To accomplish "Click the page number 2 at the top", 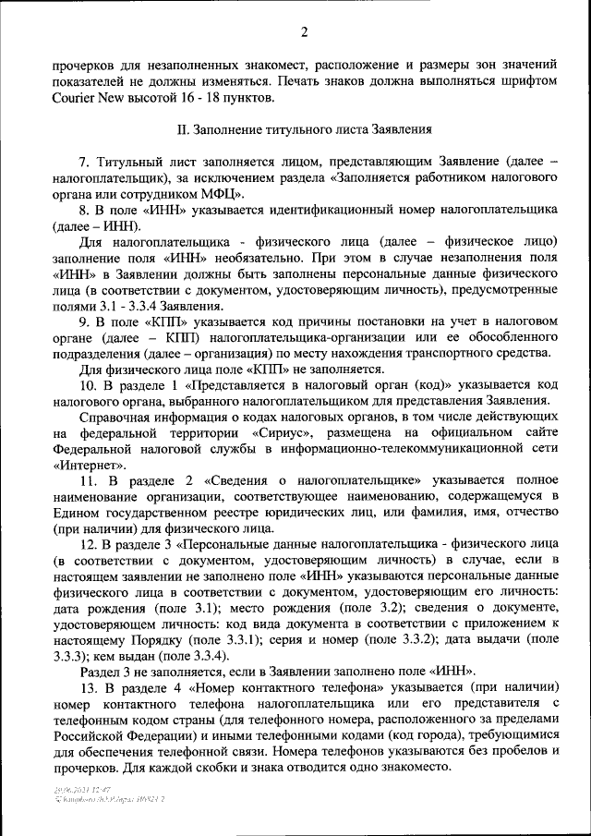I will click(303, 34).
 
